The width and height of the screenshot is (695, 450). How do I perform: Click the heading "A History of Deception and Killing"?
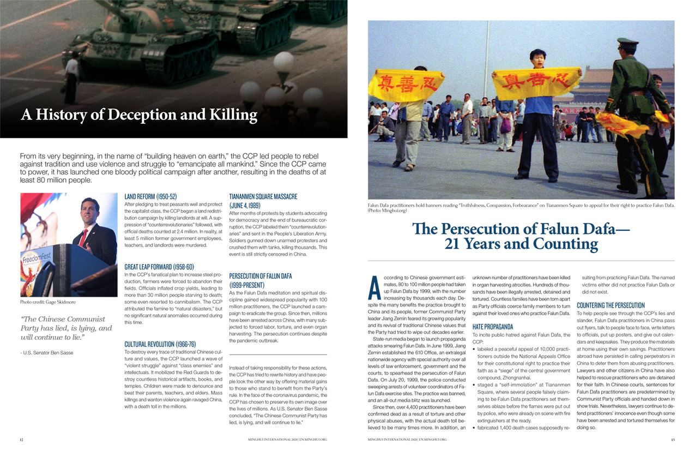click(x=139, y=115)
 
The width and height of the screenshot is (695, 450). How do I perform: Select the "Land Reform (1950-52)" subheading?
click(x=150, y=196)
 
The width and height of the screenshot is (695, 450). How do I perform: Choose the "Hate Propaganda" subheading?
click(x=492, y=327)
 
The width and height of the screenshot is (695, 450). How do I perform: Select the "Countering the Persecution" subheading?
click(x=611, y=305)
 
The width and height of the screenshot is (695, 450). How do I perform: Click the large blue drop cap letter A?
click(x=374, y=287)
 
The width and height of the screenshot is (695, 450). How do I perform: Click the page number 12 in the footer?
click(x=21, y=439)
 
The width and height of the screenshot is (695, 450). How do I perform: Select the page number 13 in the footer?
click(x=673, y=439)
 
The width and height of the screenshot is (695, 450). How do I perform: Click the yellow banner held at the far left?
click(x=398, y=85)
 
